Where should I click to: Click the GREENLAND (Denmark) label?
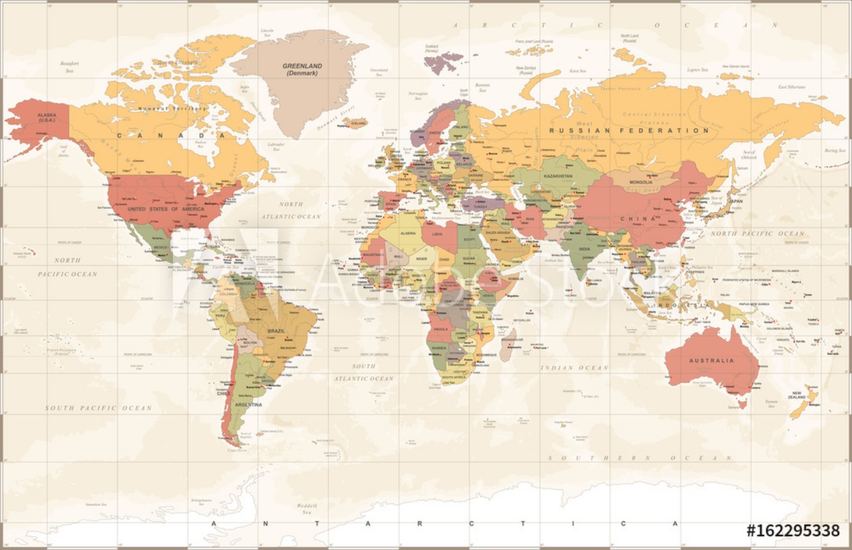click(302, 69)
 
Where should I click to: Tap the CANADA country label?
click(163, 135)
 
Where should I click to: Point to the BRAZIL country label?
click(276, 331)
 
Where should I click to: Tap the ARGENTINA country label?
click(249, 405)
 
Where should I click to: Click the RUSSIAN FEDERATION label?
click(629, 130)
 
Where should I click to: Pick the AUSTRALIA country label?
click(713, 360)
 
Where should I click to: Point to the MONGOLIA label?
click(640, 182)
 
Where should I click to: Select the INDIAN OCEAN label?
click(574, 368)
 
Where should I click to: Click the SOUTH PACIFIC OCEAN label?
click(98, 408)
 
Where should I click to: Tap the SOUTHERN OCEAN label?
click(640, 457)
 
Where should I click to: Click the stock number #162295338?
click(793, 530)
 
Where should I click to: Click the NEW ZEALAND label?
click(796, 396)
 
